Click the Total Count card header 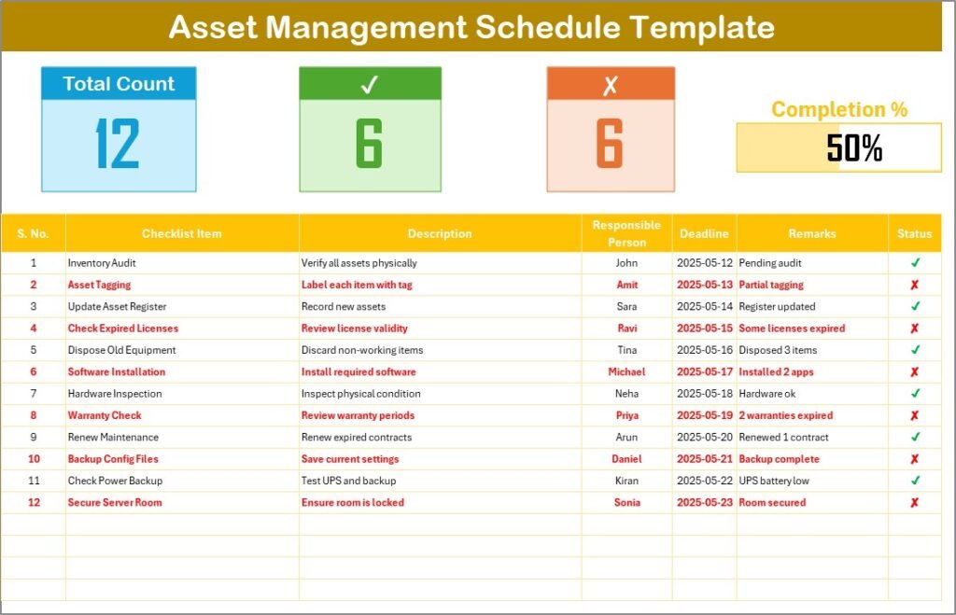[x=119, y=84]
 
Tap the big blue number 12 [x=118, y=145]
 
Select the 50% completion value [x=854, y=147]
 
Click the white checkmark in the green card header [x=369, y=85]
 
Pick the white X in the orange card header [x=611, y=85]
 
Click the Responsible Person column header [x=626, y=233]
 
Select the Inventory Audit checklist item [x=102, y=263]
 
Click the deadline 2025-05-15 [x=705, y=328]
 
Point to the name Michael [x=626, y=371]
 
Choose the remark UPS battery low [x=774, y=481]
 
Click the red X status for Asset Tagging [x=915, y=285]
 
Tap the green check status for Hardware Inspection [x=915, y=394]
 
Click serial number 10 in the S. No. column [x=34, y=459]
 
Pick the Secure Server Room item [x=115, y=502]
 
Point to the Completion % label [x=839, y=109]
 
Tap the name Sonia [x=627, y=502]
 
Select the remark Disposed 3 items [x=778, y=350]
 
